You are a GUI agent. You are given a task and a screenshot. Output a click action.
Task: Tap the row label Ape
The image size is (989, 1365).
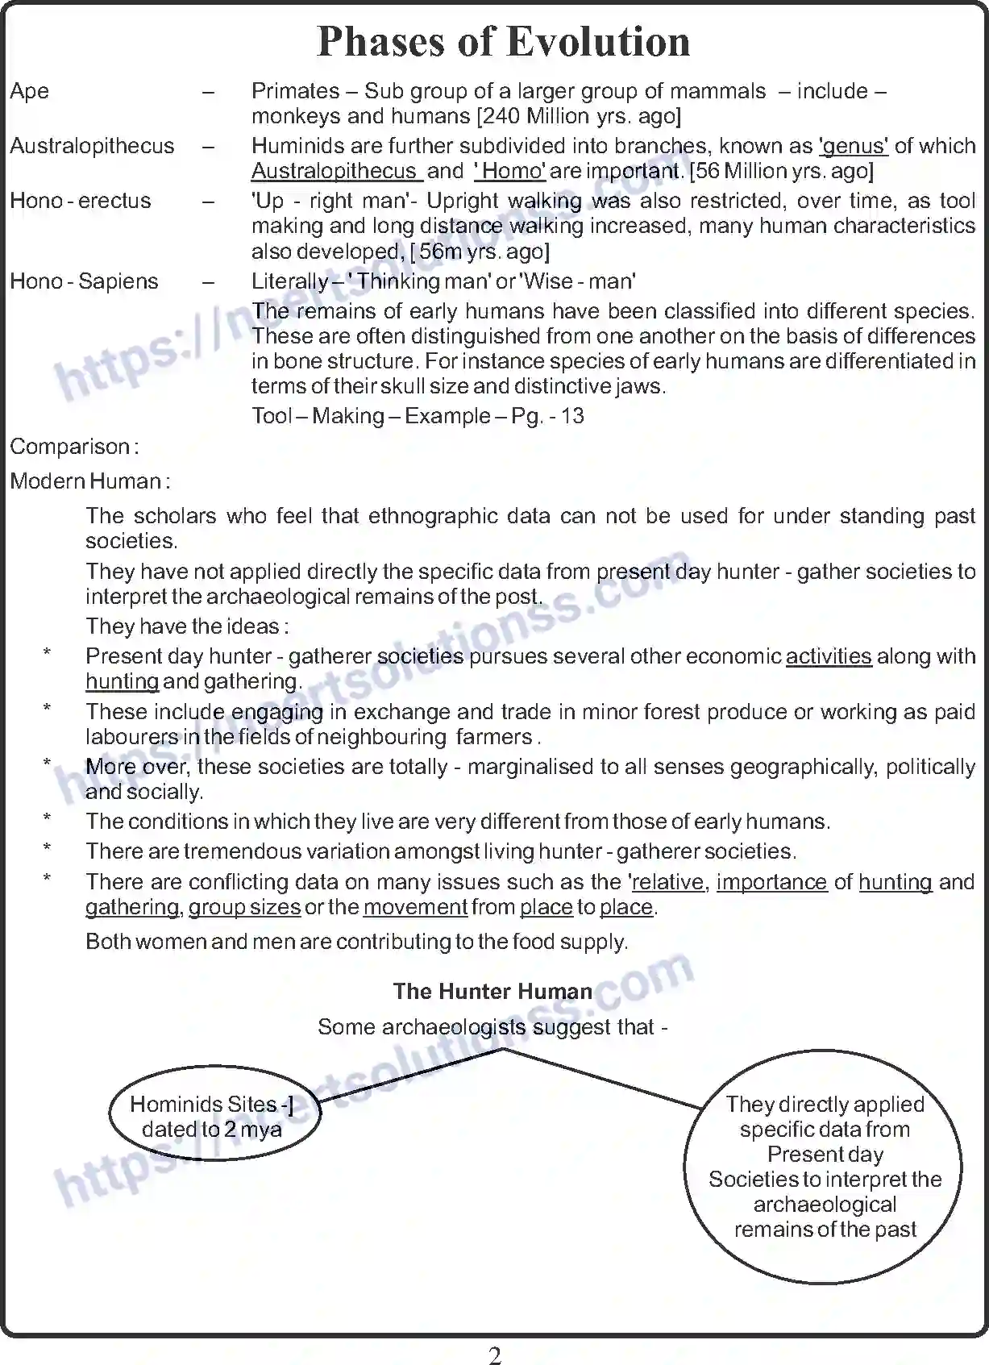pos(29,91)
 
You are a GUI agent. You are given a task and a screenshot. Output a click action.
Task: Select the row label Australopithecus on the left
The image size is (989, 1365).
pos(92,146)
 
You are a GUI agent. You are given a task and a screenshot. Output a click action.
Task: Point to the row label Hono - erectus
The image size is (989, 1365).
pos(80,201)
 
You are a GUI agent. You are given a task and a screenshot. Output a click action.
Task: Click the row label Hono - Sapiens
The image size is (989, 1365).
pos(84,281)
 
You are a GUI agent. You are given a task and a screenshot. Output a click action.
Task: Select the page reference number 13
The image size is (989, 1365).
pos(572,416)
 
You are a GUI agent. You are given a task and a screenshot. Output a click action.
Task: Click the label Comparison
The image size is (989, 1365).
pos(73,447)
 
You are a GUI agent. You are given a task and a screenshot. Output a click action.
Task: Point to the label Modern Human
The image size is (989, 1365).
pos(89,481)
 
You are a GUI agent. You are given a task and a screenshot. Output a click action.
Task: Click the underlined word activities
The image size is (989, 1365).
pos(828,656)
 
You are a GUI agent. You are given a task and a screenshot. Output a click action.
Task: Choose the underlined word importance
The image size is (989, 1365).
pos(771,882)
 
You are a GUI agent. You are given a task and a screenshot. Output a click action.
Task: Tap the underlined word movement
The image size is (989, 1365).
pos(415,907)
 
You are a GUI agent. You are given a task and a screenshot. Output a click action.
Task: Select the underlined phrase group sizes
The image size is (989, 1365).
pos(244,907)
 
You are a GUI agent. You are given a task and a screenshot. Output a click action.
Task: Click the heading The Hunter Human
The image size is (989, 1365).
pos(492,992)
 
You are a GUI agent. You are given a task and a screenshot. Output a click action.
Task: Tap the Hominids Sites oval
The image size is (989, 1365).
pos(213,1117)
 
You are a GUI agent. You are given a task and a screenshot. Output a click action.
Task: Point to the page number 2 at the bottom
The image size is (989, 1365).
pos(495,1355)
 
